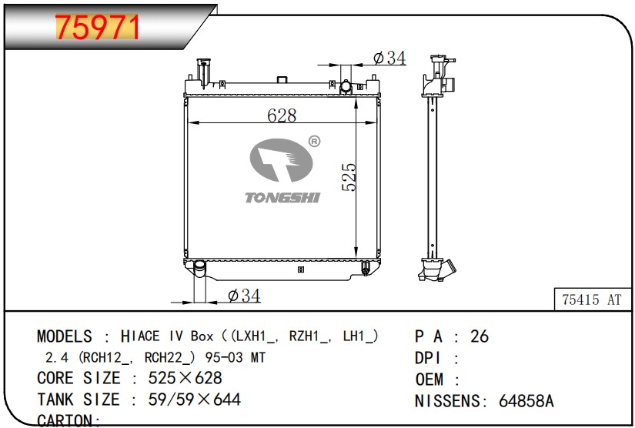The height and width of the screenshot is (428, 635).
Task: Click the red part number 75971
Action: pos(97,27)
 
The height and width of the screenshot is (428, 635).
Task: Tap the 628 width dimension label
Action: pos(282,115)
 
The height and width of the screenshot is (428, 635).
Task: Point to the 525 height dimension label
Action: pos(349,177)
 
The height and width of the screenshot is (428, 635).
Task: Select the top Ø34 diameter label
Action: pos(389,58)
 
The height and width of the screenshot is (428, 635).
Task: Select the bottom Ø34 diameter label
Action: pos(244,296)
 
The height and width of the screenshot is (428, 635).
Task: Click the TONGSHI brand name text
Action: pos(282,198)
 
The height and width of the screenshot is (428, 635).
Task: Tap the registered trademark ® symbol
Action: pos(314,141)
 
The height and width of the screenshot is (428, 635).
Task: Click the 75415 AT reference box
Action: pos(592,299)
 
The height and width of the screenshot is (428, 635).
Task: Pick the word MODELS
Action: pos(65,336)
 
